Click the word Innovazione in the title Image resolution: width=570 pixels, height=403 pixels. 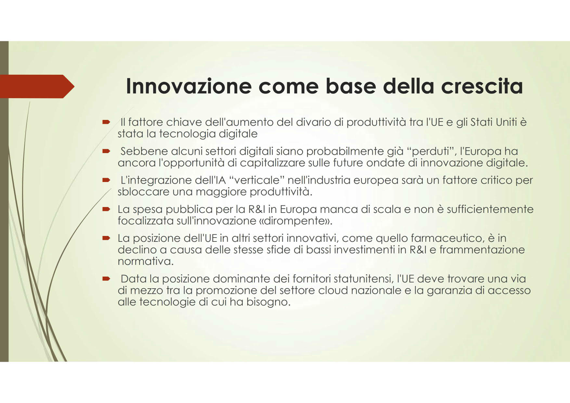point(189,86)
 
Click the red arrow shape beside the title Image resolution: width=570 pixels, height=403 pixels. point(37,86)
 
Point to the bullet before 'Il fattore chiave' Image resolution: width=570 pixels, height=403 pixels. point(106,122)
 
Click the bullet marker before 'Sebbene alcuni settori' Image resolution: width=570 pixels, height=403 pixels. point(106,151)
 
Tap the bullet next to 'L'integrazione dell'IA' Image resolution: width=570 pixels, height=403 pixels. point(106,180)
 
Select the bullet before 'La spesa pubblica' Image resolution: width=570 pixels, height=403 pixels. point(106,209)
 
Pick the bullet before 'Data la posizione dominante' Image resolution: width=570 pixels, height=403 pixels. point(106,279)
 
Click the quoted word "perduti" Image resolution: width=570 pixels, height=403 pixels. point(432,151)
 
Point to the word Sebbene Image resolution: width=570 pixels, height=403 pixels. point(144,151)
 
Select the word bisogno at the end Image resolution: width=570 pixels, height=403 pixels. point(268,302)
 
